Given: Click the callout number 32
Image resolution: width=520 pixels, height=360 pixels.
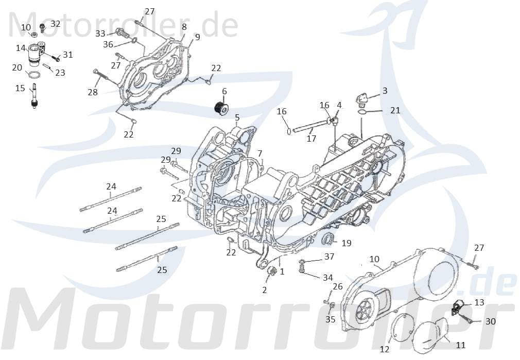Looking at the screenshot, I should pyautogui.click(x=55, y=24).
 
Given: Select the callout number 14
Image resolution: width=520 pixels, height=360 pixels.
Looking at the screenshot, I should pyautogui.click(x=21, y=48).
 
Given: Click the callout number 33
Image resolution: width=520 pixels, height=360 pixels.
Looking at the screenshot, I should pyautogui.click(x=100, y=33).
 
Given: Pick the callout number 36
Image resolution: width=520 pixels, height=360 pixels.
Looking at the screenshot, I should pyautogui.click(x=108, y=44).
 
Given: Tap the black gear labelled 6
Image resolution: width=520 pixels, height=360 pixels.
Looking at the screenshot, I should pyautogui.click(x=221, y=109).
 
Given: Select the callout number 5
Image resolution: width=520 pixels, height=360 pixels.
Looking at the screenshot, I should pyautogui.click(x=237, y=117).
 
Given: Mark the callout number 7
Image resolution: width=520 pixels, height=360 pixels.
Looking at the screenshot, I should pyautogui.click(x=260, y=153).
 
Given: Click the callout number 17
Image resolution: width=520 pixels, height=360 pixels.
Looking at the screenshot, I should pyautogui.click(x=311, y=138).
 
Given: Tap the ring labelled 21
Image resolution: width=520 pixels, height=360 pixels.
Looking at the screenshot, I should pyautogui.click(x=362, y=111).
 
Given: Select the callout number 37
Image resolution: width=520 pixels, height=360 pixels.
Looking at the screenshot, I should pyautogui.click(x=329, y=257).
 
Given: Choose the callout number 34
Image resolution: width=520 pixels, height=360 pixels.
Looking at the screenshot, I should pyautogui.click(x=327, y=278).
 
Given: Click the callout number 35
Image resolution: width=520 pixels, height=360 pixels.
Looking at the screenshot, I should pyautogui.click(x=330, y=319).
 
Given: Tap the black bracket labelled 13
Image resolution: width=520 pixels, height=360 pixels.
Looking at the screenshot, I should pyautogui.click(x=457, y=307).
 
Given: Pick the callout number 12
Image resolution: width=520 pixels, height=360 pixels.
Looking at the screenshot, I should pyautogui.click(x=385, y=349).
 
